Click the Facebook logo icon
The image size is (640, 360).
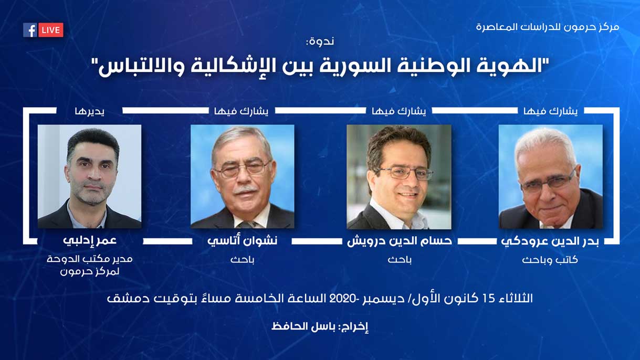tap(30, 30)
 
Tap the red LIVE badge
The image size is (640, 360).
tap(50, 30)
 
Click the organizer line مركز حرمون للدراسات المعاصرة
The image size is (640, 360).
tap(548, 27)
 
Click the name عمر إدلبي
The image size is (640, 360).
tap(90, 241)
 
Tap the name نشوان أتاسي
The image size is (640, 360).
tap(242, 241)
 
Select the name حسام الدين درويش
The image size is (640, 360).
tap(400, 241)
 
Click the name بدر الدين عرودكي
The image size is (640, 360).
tap(550, 241)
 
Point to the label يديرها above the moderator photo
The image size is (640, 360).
tap(89, 111)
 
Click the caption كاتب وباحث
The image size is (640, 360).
tap(550, 260)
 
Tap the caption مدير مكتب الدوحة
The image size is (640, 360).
tap(90, 259)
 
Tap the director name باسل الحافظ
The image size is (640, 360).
tap(303, 326)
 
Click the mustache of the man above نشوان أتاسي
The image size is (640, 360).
tap(245, 190)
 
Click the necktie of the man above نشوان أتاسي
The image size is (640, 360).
tap(246, 225)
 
